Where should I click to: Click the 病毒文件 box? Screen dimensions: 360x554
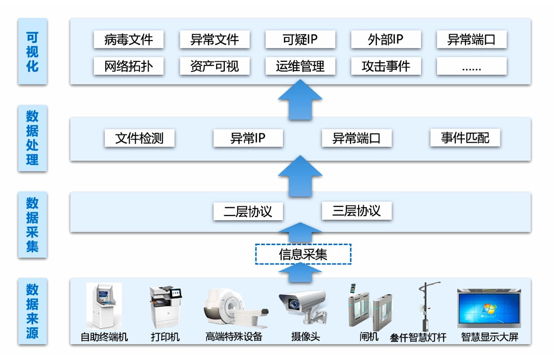coord(128,40)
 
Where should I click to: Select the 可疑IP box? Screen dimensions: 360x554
coord(300,40)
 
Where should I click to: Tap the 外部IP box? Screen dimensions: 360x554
coord(386,40)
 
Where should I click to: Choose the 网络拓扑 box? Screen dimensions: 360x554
coord(128,66)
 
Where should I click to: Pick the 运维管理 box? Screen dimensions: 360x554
coord(300,66)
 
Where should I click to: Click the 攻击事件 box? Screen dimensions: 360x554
coord(386,66)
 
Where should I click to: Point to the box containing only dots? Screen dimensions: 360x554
coord(471,66)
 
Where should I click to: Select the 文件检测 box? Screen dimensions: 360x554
coord(139,138)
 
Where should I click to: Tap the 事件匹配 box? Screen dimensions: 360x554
coord(465,138)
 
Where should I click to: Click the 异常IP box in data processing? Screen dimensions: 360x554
coord(248,138)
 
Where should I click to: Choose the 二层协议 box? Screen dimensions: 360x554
coord(248,211)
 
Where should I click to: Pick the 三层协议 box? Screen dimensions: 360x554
coord(356,211)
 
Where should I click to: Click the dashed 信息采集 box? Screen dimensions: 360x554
coord(303,254)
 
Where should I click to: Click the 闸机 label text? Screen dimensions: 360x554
coord(369,337)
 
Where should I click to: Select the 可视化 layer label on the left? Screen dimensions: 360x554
coord(32,52)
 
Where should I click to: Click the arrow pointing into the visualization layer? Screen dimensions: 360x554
coord(300,100)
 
